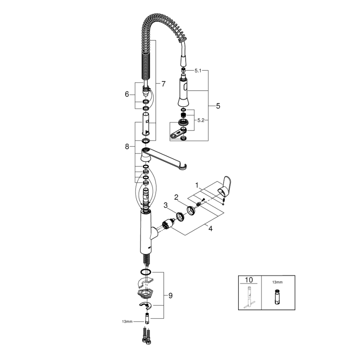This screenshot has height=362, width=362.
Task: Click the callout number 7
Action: pos(163,84)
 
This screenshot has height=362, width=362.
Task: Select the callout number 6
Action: pos(127,94)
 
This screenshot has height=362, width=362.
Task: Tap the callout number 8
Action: pos(127,146)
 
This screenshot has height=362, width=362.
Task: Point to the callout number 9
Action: pos(171,296)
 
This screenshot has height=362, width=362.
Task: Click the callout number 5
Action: pos(218,106)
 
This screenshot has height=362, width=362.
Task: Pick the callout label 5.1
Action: pos(198,71)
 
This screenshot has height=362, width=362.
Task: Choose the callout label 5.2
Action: pos(201,120)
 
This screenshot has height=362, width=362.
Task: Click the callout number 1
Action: pos(198,184)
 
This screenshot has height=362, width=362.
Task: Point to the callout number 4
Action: pos(211,229)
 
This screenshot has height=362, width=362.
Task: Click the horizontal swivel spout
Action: pos(167,159)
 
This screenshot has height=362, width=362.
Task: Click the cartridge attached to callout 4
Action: pos(167,224)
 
